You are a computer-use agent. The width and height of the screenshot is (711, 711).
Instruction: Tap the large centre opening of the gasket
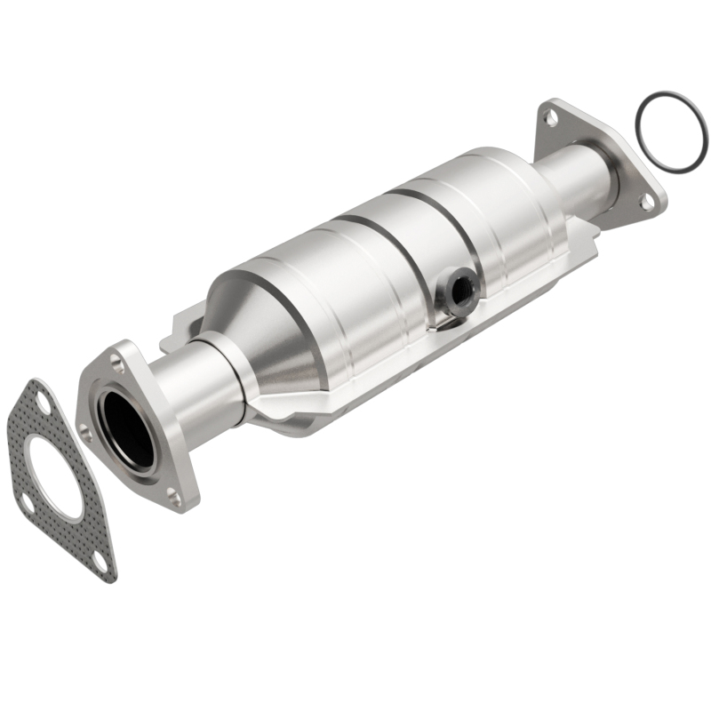(55, 481)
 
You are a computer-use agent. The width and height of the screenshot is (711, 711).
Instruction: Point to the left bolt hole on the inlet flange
(86, 433)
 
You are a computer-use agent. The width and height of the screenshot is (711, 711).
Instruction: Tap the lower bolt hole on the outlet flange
(647, 201)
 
